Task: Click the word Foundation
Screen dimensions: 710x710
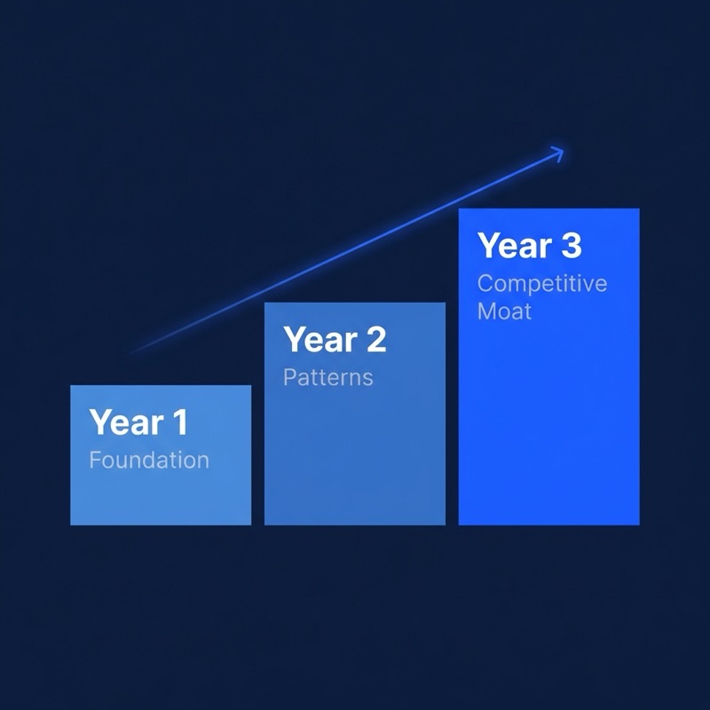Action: pyautogui.click(x=149, y=461)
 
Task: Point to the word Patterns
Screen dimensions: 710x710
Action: pyautogui.click(x=327, y=377)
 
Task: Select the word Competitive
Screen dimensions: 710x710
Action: pyautogui.click(x=542, y=283)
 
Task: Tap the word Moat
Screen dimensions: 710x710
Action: pyautogui.click(x=504, y=311)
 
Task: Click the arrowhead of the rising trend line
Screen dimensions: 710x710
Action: pyautogui.click(x=559, y=152)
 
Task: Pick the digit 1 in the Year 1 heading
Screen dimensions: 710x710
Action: pyautogui.click(x=180, y=422)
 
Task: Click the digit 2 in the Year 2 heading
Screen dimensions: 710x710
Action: pyautogui.click(x=375, y=339)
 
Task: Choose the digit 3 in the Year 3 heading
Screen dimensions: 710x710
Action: pyautogui.click(x=570, y=246)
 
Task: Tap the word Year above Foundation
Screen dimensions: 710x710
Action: pyautogui.click(x=125, y=422)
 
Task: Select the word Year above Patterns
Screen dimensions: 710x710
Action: pyautogui.click(x=319, y=339)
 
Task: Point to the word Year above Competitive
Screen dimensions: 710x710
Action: pyautogui.click(x=513, y=246)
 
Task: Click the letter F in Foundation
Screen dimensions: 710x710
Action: pyautogui.click(x=95, y=461)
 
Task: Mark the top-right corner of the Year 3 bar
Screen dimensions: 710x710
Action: pyautogui.click(x=639, y=209)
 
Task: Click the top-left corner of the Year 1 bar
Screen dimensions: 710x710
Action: pyautogui.click(x=71, y=386)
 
